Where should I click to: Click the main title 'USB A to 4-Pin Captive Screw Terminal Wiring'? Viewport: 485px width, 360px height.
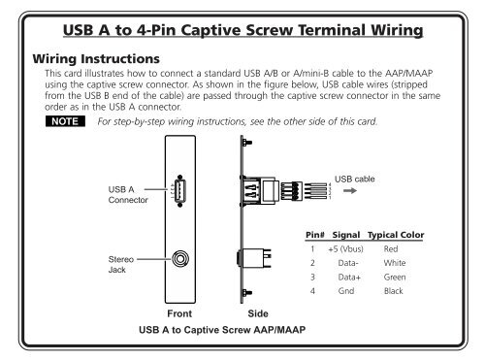(x=242, y=30)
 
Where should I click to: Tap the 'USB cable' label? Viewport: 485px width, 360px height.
(x=356, y=180)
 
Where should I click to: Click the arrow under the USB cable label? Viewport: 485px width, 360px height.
(x=347, y=192)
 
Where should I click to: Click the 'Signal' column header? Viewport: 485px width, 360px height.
(x=346, y=236)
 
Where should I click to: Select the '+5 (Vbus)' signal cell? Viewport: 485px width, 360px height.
(x=346, y=249)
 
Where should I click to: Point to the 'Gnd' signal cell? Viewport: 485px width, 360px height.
(x=346, y=290)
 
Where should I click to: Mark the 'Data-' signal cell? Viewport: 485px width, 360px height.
(x=346, y=263)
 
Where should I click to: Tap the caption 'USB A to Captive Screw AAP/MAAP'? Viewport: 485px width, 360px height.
(x=221, y=331)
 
